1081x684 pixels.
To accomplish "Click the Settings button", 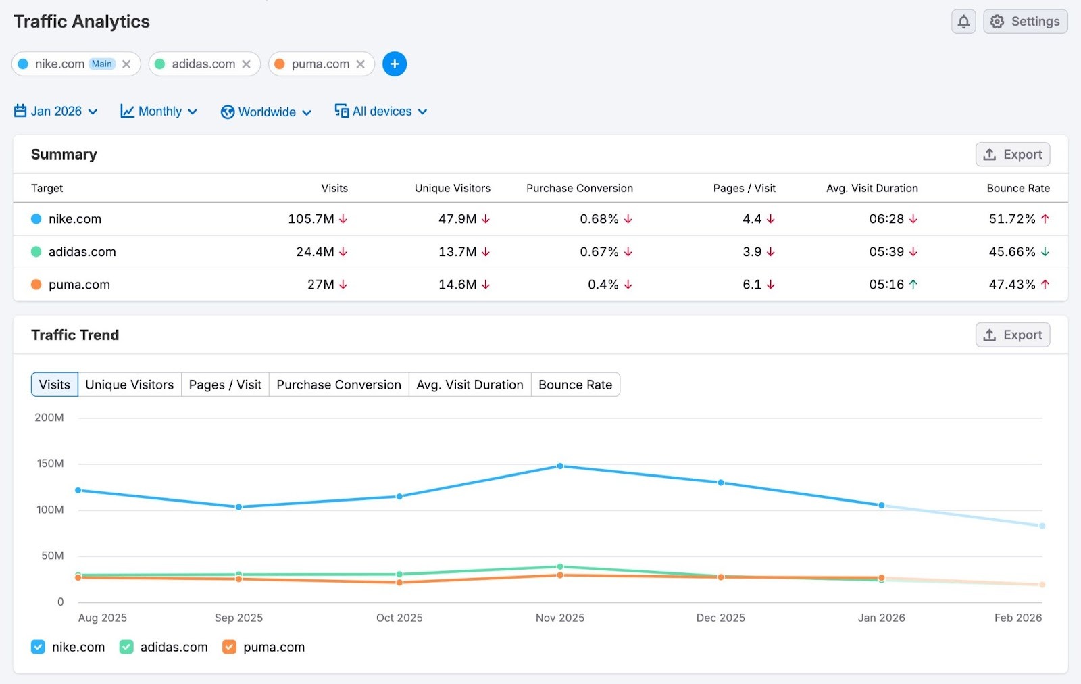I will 1025,22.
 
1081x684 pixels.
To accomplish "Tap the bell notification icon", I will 963,22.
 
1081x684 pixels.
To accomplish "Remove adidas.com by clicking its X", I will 246,64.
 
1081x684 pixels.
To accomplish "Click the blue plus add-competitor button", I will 395,64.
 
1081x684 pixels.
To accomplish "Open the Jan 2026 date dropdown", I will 56,112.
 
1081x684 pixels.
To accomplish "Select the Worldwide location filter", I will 266,112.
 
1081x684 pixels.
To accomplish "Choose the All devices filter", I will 381,112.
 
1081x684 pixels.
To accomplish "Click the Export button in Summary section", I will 1012,155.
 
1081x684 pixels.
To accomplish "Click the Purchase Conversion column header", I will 579,189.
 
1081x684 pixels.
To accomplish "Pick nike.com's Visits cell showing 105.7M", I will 311,219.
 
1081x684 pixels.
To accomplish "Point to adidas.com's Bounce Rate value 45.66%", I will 1011,252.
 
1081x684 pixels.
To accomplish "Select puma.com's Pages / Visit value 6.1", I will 751,285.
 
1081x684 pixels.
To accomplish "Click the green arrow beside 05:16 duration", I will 913,285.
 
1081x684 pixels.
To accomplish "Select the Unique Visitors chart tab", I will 130,385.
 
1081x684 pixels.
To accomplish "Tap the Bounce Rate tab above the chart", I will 575,385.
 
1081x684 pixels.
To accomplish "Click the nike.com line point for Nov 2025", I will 560,466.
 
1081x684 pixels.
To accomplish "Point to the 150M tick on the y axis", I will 50,464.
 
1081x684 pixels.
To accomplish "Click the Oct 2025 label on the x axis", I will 399,618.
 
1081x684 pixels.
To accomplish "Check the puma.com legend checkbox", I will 230,647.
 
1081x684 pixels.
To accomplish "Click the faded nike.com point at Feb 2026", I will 1042,526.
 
